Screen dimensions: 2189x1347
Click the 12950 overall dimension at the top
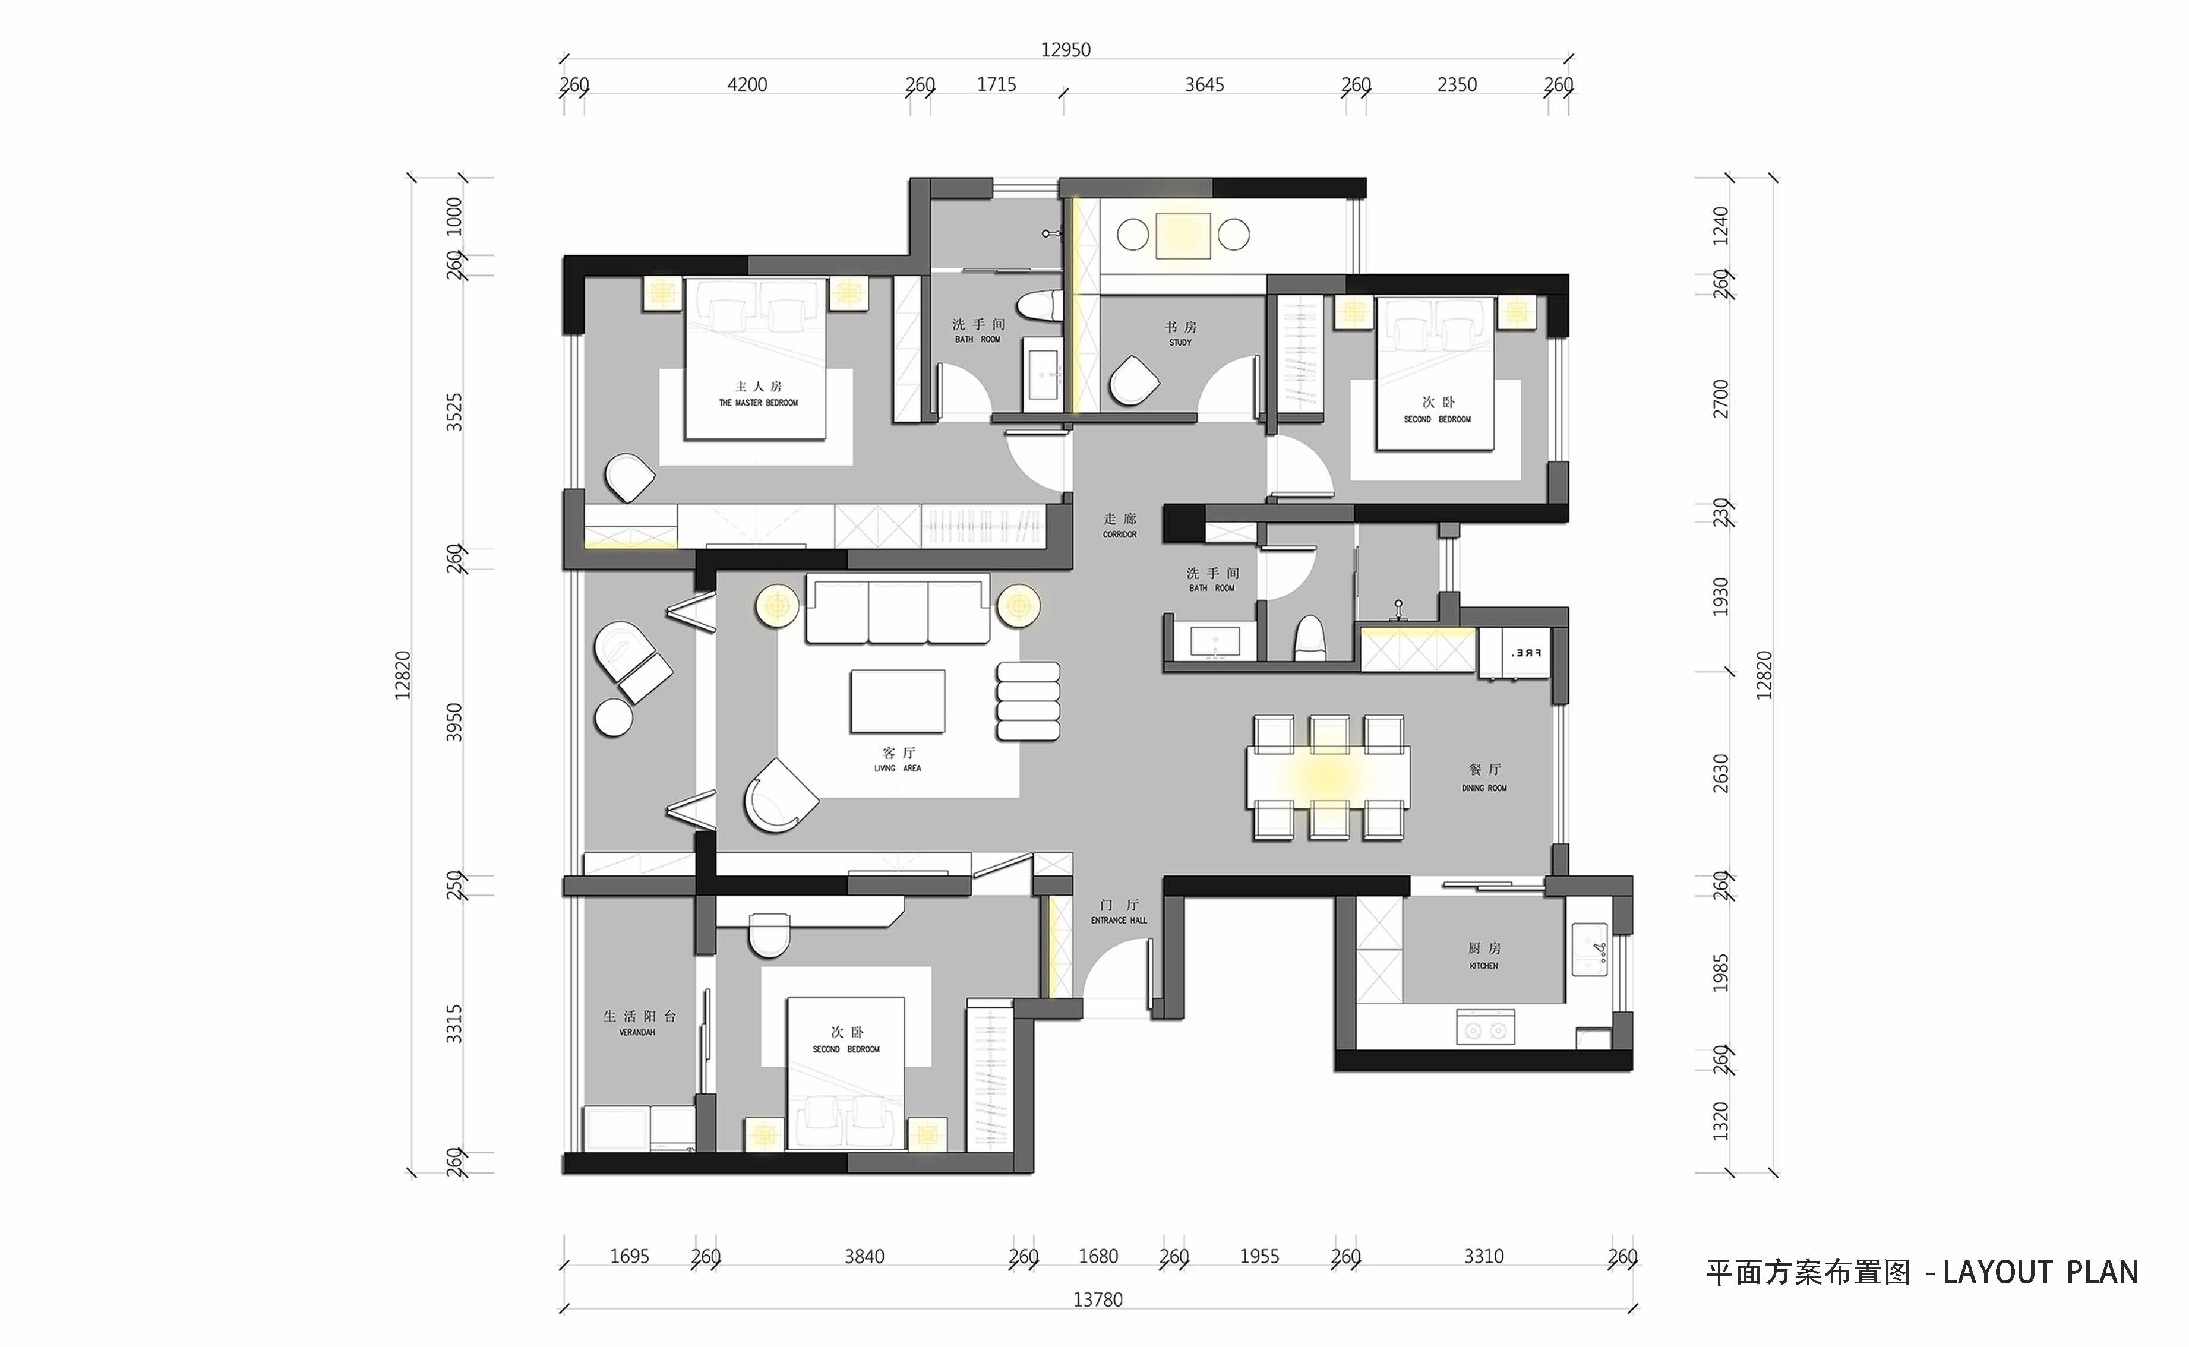1066,50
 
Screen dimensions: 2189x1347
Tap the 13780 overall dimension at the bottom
1098,1299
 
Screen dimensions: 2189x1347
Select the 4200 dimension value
747,84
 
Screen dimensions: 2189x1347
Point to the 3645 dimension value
1204,84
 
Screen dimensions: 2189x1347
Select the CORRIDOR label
1120,535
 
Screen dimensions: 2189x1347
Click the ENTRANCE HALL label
1119,921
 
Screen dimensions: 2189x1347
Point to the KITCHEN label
1483,966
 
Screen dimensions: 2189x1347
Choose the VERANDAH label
637,1032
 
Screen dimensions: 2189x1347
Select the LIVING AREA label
898,768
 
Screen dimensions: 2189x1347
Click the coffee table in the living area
897,701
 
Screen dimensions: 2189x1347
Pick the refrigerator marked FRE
1526,654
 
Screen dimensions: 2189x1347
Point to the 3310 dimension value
1483,1257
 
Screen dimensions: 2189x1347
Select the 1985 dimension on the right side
1720,973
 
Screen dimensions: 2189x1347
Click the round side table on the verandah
613,718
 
